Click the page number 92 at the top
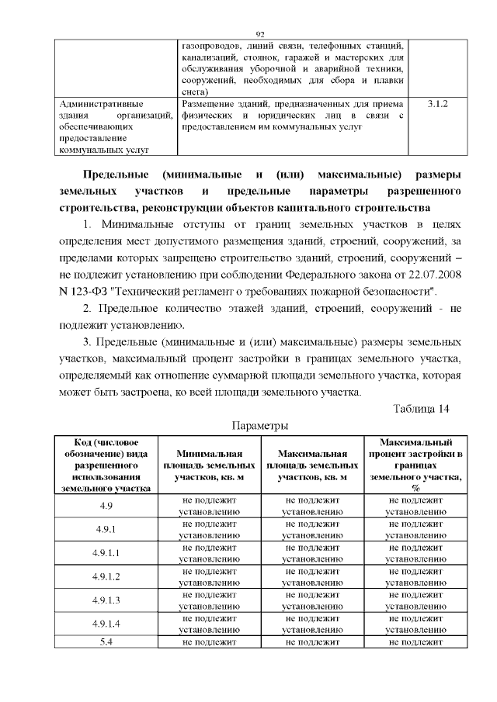[260, 33]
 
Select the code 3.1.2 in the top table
[439, 102]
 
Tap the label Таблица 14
[421, 409]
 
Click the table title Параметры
[260, 426]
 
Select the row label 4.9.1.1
[106, 553]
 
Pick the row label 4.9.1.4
[106, 624]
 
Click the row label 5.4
[106, 642]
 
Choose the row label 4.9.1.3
[106, 600]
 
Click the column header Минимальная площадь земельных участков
[209, 465]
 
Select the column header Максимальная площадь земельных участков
[312, 465]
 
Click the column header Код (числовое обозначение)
[106, 465]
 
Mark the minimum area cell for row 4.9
[209, 506]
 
